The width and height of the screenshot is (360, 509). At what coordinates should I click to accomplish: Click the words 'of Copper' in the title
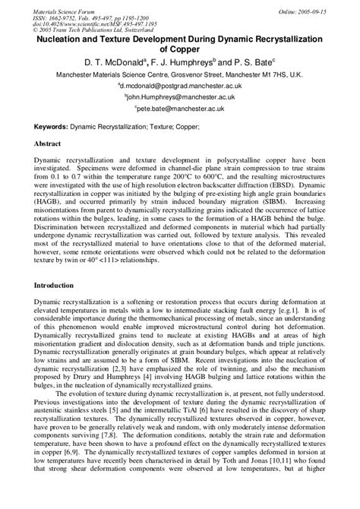point(180,48)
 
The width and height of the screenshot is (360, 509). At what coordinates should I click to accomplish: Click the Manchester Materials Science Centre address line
point(180,75)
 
